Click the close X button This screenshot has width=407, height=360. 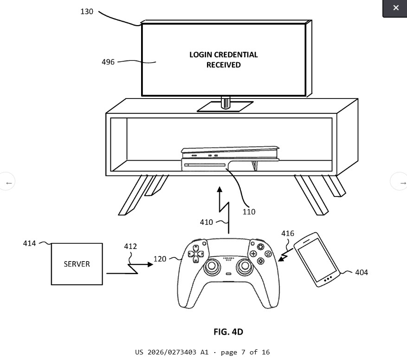pos(395,8)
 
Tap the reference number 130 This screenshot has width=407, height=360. pos(87,12)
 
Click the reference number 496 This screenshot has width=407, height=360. pos(108,62)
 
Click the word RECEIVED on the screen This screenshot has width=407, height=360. pos(224,65)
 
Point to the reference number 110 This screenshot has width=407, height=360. pos(249,212)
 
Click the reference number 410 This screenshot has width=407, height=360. pos(207,223)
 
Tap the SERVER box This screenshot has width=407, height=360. pos(77,264)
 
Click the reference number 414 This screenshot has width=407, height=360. pos(29,243)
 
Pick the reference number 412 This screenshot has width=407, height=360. pos(130,246)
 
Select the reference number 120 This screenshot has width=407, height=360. pos(160,259)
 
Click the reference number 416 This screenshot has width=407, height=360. pos(288,234)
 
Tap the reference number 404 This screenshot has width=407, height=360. pos(362,273)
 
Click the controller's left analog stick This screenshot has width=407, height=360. pos(212,266)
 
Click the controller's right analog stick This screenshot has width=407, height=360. pos(245,266)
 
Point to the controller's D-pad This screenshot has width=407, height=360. pos(196,254)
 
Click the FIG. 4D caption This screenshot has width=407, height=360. pos(228,332)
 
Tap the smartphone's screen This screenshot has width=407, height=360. pos(317,260)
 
